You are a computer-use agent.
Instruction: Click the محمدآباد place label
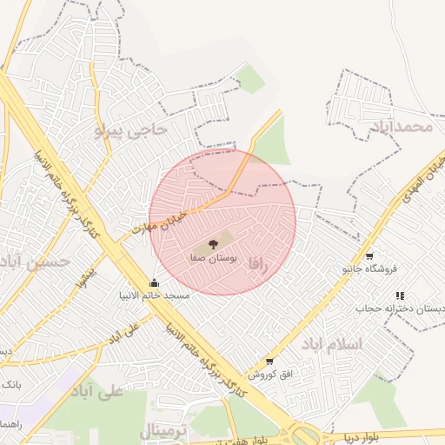tap(401, 127)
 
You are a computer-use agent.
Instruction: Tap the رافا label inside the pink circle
tap(256, 262)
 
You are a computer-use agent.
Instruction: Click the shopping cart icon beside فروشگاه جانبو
tap(369, 256)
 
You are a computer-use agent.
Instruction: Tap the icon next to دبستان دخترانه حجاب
tap(400, 296)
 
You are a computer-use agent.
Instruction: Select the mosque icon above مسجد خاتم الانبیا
tap(155, 282)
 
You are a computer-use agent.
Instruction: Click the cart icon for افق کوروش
tap(269, 361)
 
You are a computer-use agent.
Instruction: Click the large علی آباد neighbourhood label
tap(98, 388)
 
